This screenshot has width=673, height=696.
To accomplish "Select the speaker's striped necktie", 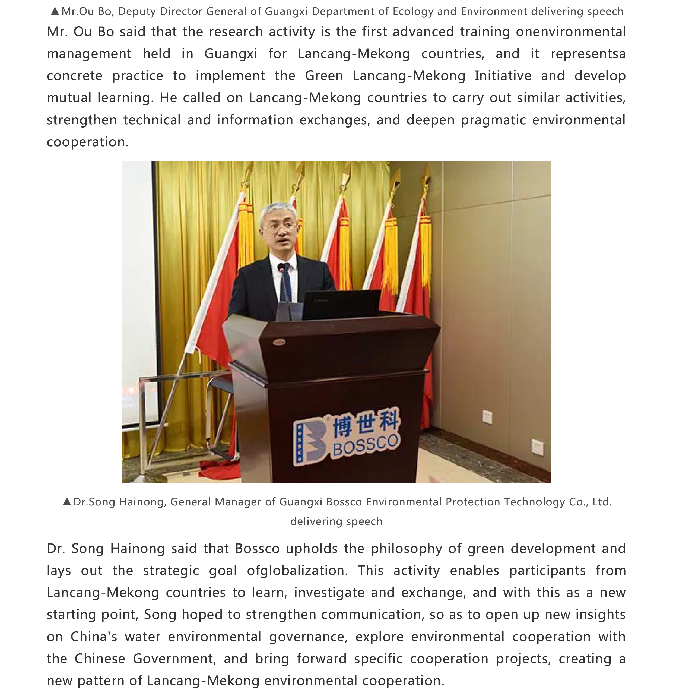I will click(x=286, y=284).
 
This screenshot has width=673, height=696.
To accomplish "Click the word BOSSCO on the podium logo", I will click(x=366, y=446).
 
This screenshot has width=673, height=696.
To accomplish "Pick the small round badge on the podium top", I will click(x=279, y=342).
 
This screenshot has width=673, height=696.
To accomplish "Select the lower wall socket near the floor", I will click(x=537, y=447).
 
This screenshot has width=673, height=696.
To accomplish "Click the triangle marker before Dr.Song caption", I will click(x=67, y=501).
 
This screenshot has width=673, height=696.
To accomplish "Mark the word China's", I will click(x=94, y=637).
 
